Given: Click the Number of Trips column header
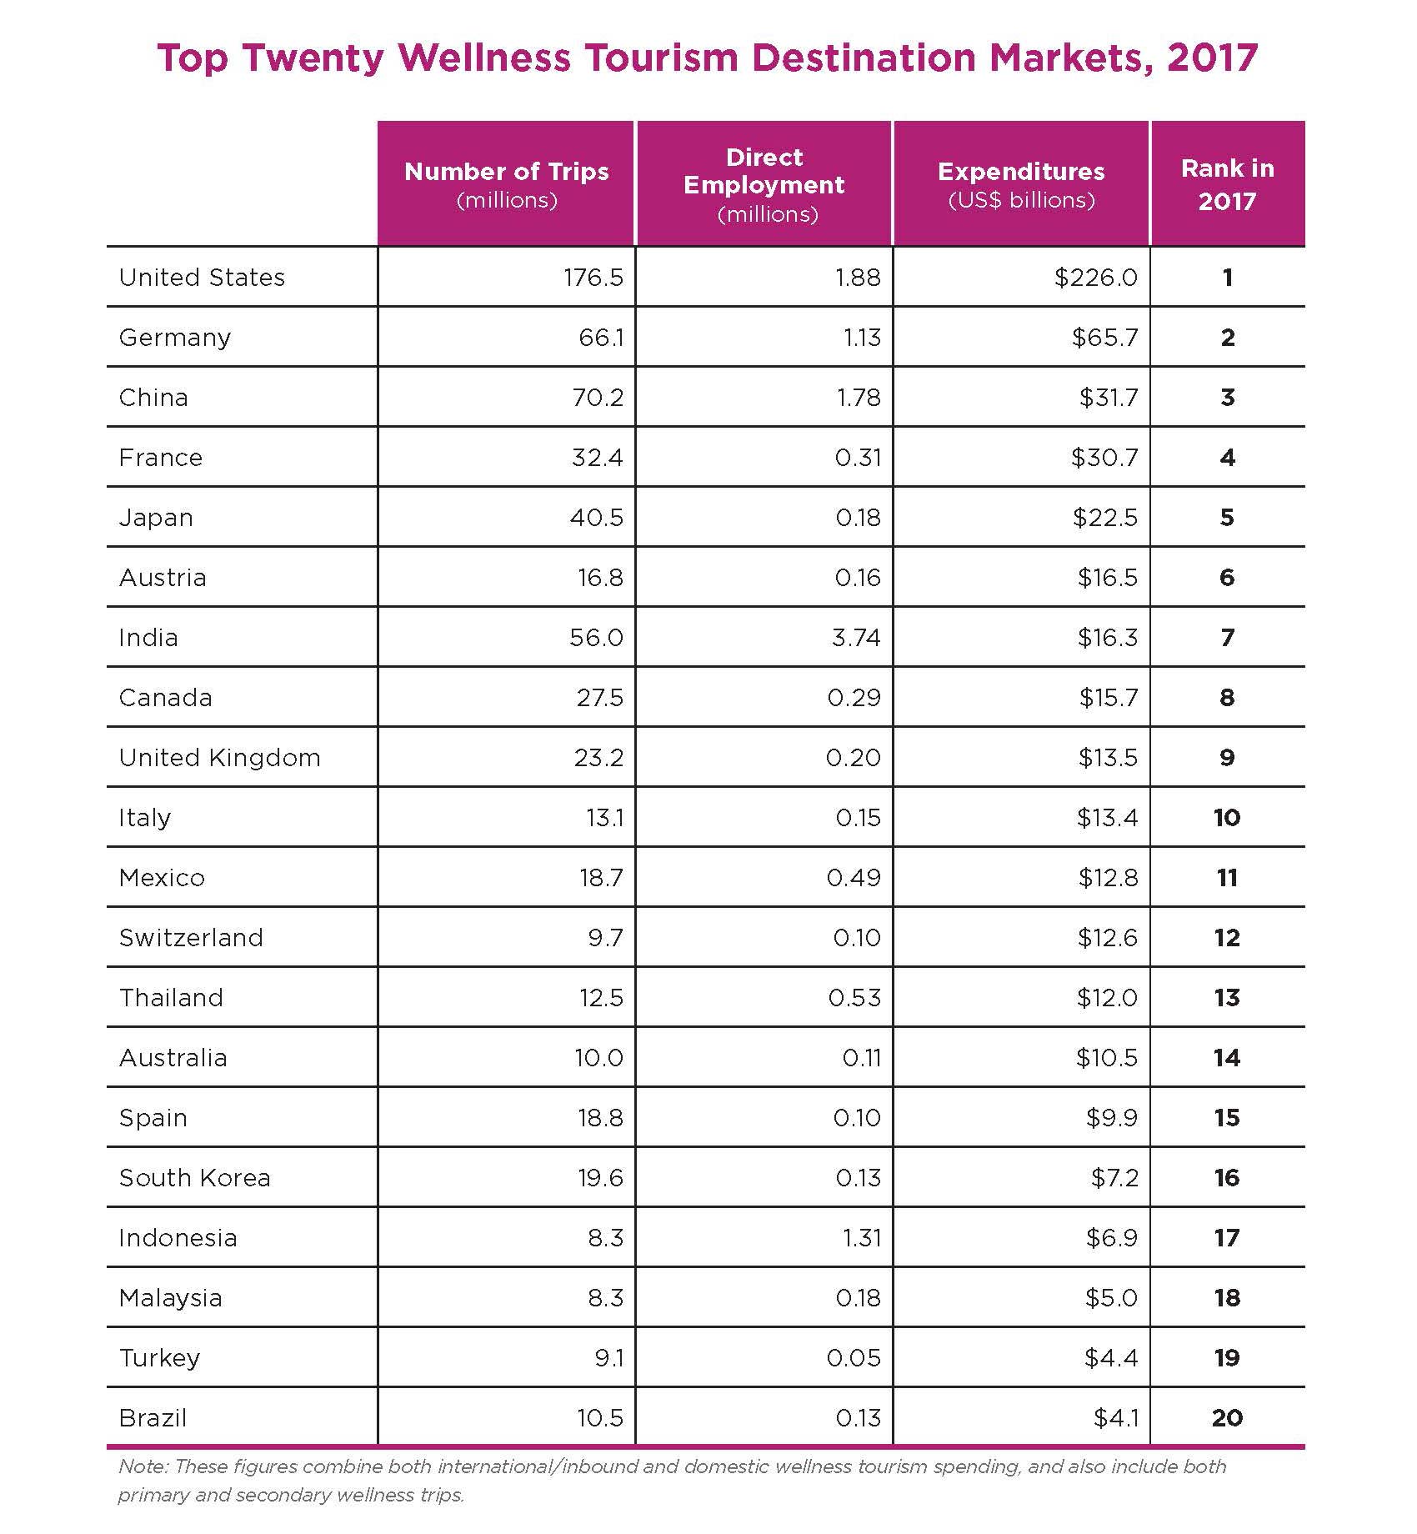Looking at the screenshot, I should point(506,183).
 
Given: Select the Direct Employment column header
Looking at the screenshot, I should point(764,184).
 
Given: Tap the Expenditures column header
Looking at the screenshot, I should point(1021,183).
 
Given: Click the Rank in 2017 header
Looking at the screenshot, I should point(1227,184).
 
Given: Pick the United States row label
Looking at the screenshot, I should point(202,278).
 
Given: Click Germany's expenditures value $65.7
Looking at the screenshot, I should point(1104,338).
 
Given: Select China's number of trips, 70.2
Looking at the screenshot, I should point(597,398).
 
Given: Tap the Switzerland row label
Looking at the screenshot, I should point(191,938).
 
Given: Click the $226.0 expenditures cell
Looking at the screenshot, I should point(1095,278).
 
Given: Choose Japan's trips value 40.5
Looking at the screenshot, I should point(597,518).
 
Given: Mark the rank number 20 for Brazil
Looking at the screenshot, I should point(1227,1418).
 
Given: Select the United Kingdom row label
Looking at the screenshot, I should point(219,758).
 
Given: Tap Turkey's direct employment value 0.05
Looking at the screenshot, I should point(854,1358).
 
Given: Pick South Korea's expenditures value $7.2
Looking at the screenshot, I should point(1114,1178).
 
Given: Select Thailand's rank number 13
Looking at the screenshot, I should point(1227,998).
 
